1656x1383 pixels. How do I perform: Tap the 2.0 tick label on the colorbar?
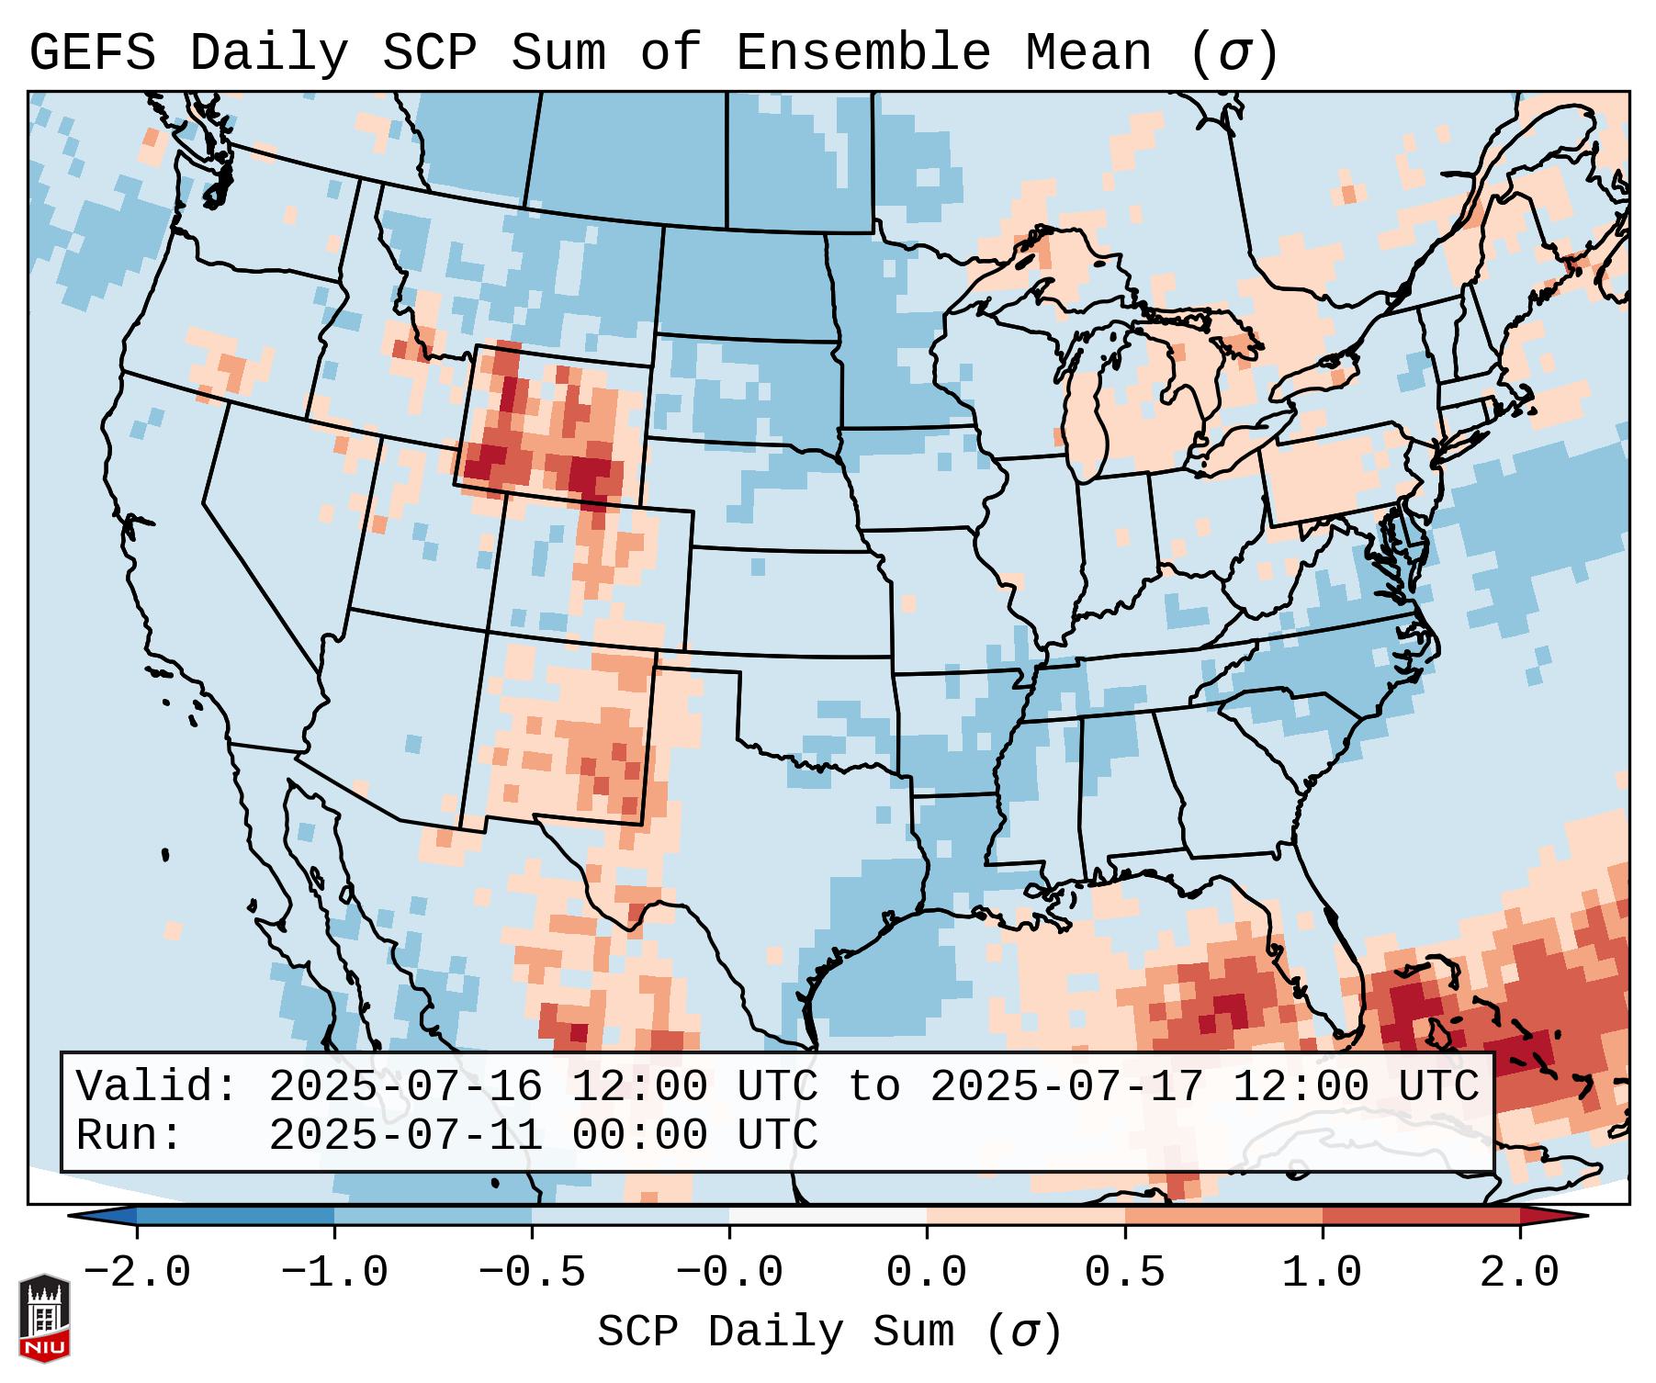tap(1519, 1273)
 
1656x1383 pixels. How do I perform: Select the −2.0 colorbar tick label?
tap(137, 1273)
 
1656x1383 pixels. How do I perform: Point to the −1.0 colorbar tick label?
tap(334, 1273)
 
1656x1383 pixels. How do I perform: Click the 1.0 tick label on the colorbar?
tap(1322, 1273)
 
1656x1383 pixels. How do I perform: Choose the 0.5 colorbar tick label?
tap(1124, 1273)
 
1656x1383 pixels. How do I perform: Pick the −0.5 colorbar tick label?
tap(532, 1273)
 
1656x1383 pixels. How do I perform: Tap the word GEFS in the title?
tap(92, 52)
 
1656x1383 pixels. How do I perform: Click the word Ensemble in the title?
tap(862, 52)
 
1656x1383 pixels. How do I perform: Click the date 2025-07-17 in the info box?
tap(1065, 1086)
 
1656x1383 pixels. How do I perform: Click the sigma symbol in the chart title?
tap(1234, 54)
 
